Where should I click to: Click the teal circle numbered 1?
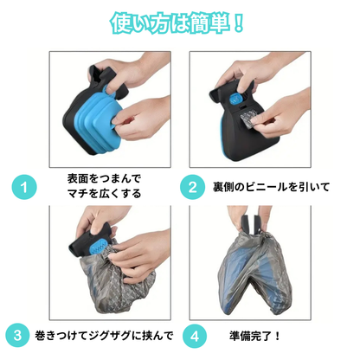[24, 187]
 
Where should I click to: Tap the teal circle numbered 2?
[193, 187]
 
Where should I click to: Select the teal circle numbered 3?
[17, 335]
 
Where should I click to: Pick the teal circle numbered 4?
[195, 336]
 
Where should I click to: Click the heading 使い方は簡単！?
[177, 22]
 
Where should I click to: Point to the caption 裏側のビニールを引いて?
[271, 187]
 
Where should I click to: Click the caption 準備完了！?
[254, 336]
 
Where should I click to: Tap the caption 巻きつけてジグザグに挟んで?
[104, 336]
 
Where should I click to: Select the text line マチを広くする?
[104, 193]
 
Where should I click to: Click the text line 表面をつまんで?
[104, 178]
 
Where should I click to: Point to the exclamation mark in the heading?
[238, 22]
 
